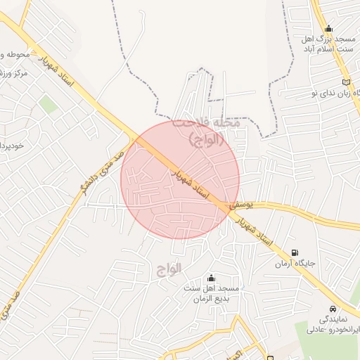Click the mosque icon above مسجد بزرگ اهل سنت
pyautogui.click(x=328, y=29)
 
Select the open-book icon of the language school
pyautogui.click(x=344, y=83)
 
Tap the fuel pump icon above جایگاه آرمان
pyautogui.click(x=294, y=252)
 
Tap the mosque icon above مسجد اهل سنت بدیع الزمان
pyautogui.click(x=212, y=278)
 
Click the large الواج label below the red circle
pyautogui.click(x=166, y=269)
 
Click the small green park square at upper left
pyautogui.click(x=48, y=105)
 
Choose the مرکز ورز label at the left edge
pyautogui.click(x=13, y=73)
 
